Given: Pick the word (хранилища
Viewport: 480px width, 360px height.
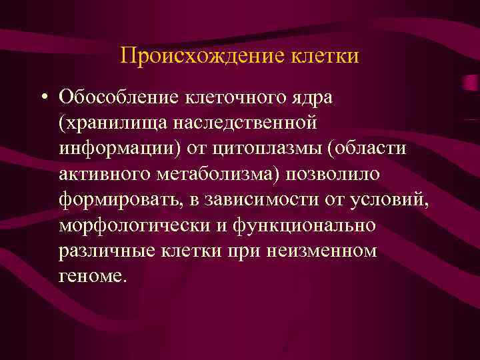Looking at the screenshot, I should pos(111,123).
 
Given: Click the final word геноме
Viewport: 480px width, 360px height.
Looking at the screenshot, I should pos(91,275).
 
